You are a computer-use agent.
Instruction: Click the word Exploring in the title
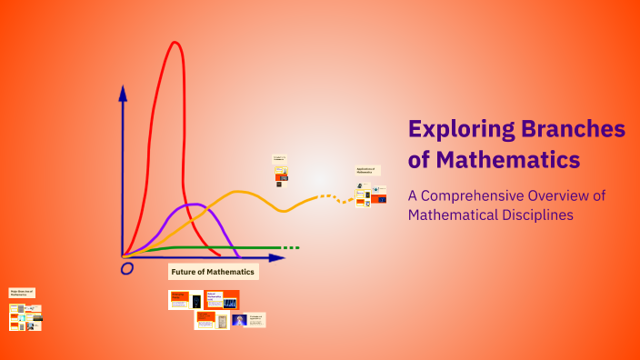tap(460, 129)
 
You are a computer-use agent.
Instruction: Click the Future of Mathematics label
tap(214, 272)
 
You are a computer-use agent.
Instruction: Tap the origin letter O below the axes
tap(127, 268)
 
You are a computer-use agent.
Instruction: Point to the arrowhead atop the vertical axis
tap(123, 91)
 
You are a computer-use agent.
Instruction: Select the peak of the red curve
tap(173, 43)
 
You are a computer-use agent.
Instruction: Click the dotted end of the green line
tap(290, 247)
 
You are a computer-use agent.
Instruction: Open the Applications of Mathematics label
tap(367, 170)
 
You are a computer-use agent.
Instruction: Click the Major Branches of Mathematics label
tap(22, 293)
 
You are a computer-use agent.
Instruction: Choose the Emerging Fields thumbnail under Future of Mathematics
tap(179, 299)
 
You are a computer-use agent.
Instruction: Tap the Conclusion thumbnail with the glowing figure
tap(240, 319)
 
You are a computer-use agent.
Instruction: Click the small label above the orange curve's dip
tap(280, 159)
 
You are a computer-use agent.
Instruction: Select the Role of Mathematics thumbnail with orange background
tap(222, 299)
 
